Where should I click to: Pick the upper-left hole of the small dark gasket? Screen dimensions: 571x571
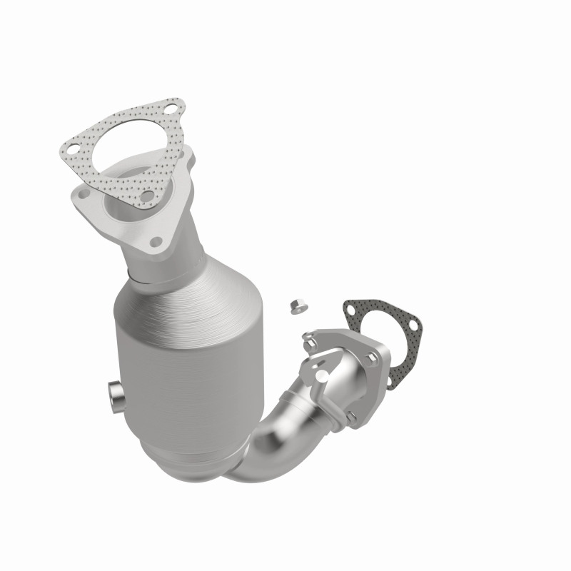[351, 308]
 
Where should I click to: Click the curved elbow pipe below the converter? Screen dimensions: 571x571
[264, 443]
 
